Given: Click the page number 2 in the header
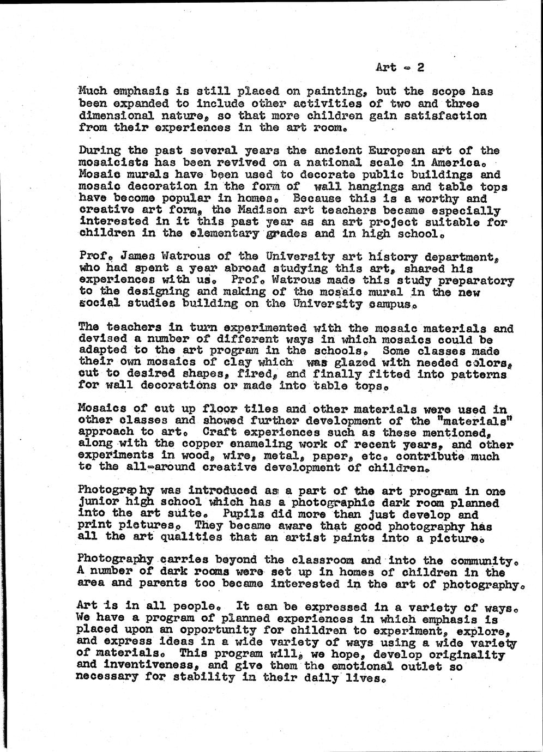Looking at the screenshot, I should pos(420,68).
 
